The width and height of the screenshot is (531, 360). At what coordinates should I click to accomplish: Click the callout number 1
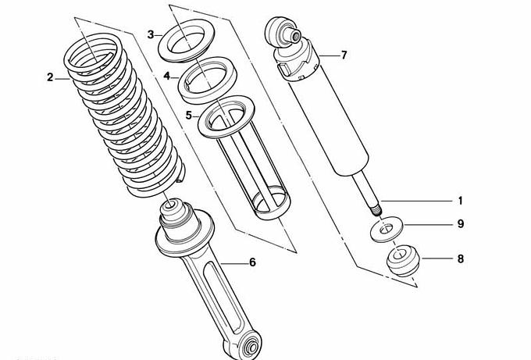point(460,201)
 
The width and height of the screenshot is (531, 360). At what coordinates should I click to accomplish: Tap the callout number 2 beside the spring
point(50,77)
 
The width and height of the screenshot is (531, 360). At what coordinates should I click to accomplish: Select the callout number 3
point(151,34)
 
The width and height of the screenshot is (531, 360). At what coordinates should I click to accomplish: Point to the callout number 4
point(166,76)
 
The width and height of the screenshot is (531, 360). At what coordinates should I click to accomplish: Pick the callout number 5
point(189,116)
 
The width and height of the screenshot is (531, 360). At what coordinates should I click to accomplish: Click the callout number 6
point(253,262)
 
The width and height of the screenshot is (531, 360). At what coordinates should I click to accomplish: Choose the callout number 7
point(344,55)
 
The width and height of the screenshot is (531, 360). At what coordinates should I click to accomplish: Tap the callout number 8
point(461,259)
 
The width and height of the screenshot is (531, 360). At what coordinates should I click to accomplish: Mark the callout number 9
point(461,224)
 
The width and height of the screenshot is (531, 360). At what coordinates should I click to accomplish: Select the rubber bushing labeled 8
point(403,260)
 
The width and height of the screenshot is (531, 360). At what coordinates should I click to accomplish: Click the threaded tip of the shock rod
point(376,210)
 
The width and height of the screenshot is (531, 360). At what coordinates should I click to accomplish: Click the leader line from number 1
point(416,201)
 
